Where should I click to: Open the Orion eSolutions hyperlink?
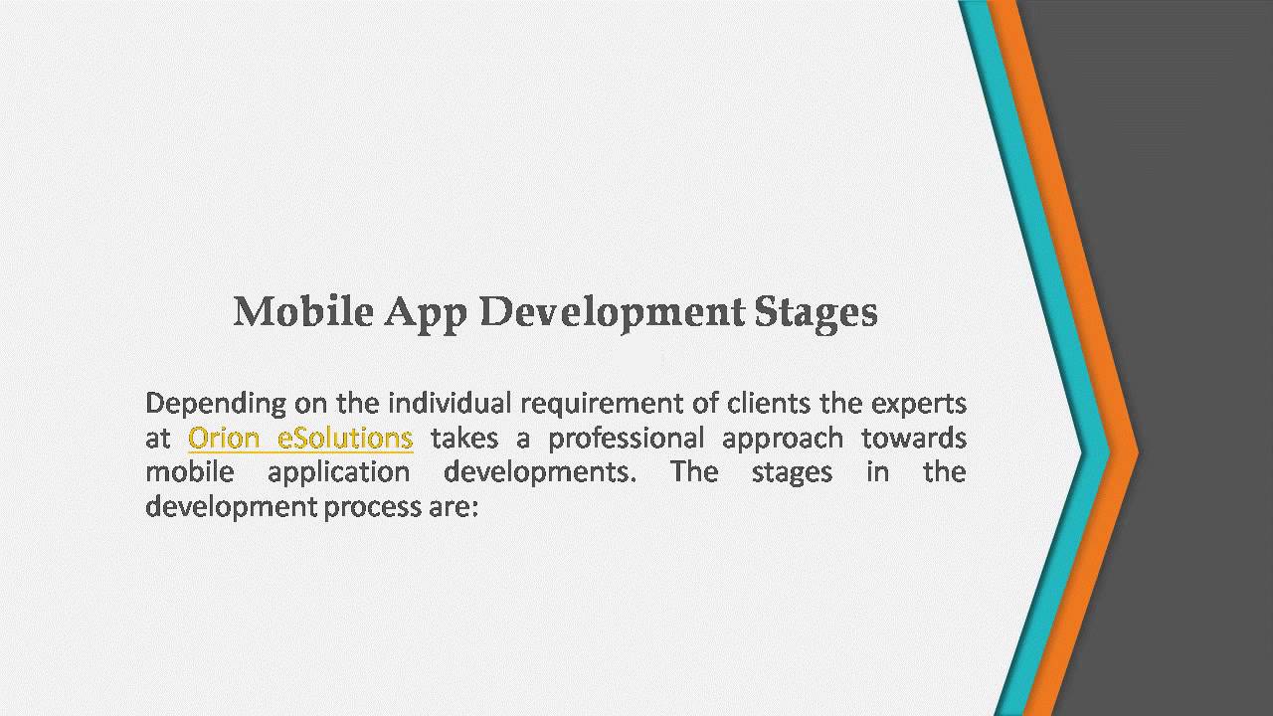pyautogui.click(x=300, y=438)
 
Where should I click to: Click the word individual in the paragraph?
pyautogui.click(x=449, y=404)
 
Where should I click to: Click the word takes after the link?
pyautogui.click(x=464, y=438)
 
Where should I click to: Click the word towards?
pyautogui.click(x=913, y=438)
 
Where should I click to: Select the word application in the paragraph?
pyautogui.click(x=338, y=472)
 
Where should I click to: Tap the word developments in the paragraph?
pyautogui.click(x=538, y=472)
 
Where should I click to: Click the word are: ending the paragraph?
pyautogui.click(x=454, y=507)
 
